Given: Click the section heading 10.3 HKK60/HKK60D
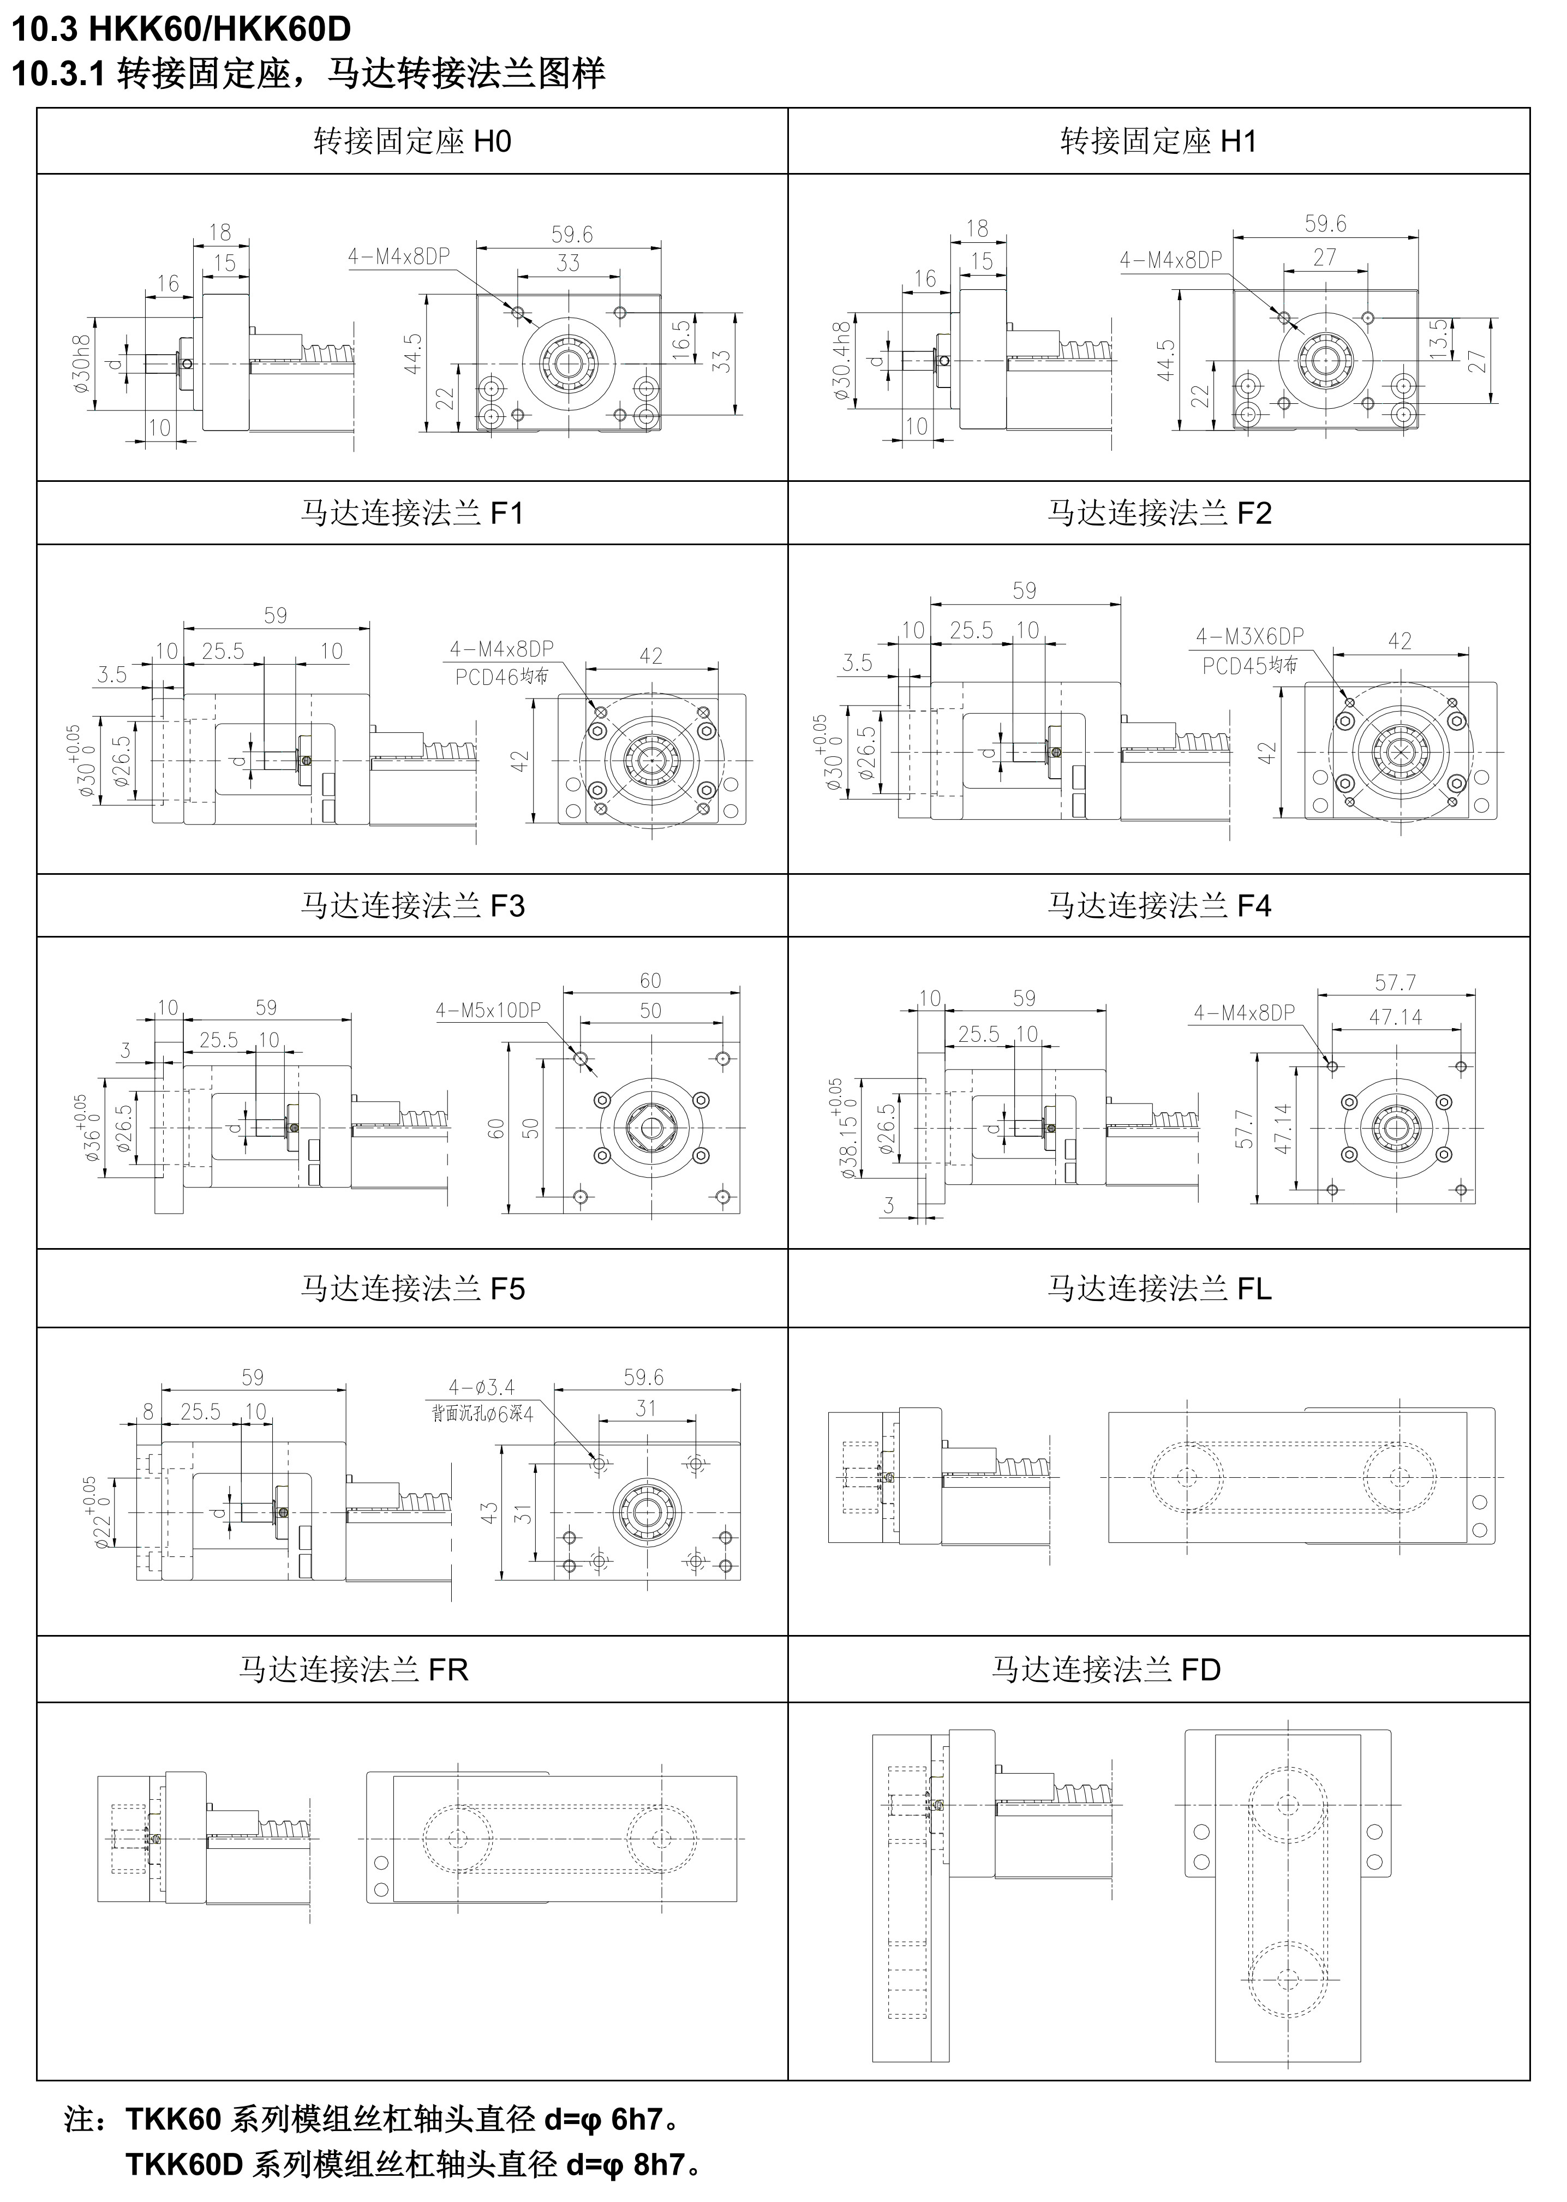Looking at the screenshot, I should point(181,29).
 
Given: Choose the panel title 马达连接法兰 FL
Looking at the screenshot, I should point(1159,1288).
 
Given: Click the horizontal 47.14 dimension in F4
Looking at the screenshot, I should point(1395,1016).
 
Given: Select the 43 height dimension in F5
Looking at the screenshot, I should point(489,1512).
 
